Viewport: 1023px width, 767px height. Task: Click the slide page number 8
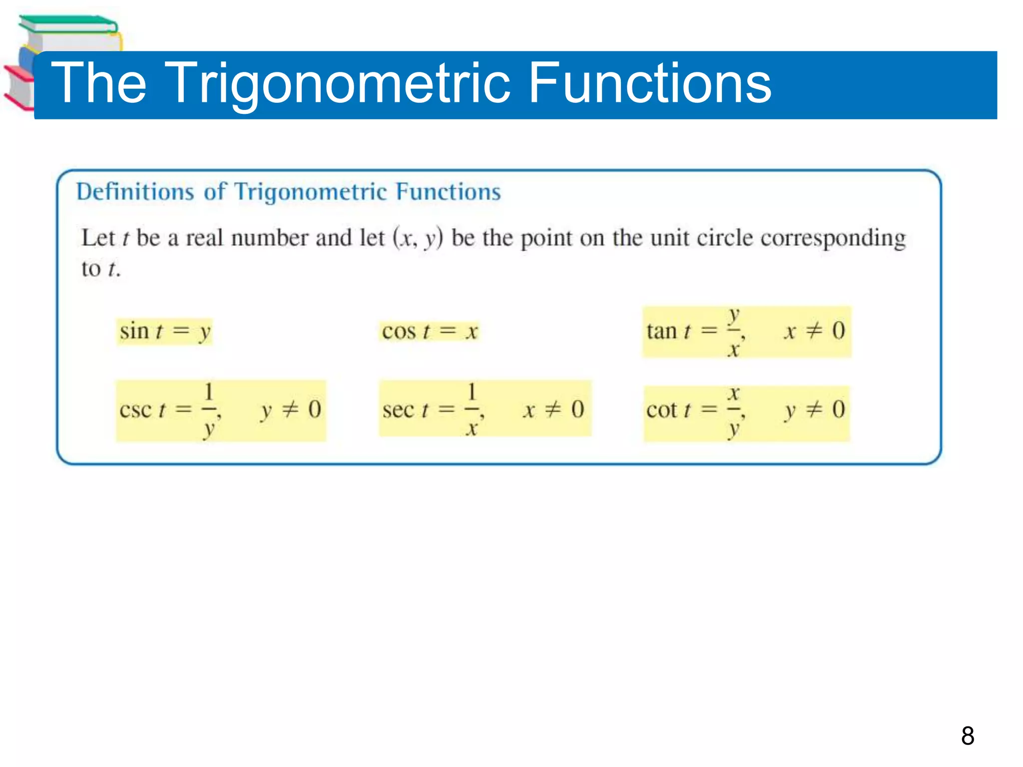968,736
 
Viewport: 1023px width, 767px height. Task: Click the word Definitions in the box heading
135,192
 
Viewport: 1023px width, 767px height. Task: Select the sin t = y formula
165,332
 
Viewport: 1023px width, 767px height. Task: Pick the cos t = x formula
430,332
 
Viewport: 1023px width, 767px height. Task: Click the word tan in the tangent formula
661,332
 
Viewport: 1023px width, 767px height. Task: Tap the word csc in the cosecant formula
135,410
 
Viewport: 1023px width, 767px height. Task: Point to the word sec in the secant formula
398,410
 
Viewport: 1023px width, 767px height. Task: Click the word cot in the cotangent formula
662,410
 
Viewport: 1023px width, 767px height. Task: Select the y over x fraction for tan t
733,332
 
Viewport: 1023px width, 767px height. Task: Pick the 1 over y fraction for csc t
209,409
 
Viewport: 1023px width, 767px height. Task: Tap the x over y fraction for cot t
733,410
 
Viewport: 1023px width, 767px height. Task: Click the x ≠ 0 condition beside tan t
814,331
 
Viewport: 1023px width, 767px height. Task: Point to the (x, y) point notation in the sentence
418,238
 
